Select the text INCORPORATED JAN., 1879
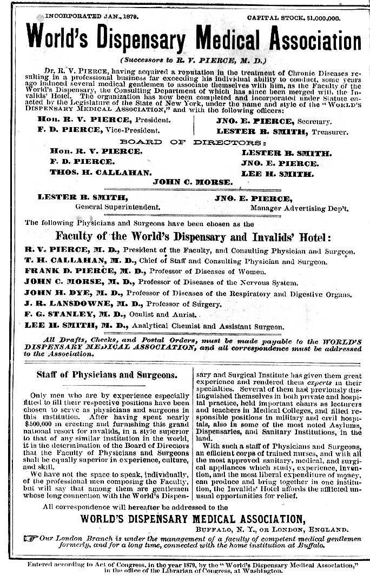[91, 17]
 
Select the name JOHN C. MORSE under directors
[193, 182]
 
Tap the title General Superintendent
[117, 207]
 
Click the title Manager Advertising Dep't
[299, 208]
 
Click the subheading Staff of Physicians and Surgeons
[106, 374]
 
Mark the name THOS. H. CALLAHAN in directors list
[100, 173]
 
